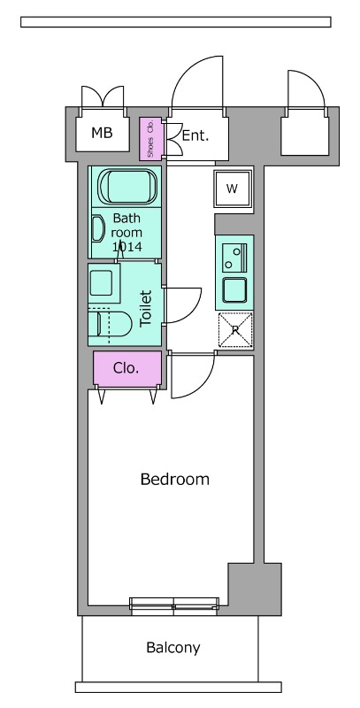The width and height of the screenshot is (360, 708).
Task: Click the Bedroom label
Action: (175, 479)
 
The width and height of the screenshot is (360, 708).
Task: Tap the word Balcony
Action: (173, 648)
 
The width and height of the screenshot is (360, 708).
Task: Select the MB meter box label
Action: (102, 133)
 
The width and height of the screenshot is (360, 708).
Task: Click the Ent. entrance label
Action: (195, 135)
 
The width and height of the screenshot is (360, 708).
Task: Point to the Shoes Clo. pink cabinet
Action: (148, 138)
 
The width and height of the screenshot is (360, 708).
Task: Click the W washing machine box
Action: (233, 189)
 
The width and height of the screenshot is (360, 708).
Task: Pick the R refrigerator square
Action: (235, 330)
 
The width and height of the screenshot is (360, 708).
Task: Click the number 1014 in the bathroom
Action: (126, 247)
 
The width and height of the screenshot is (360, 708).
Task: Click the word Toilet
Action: (146, 309)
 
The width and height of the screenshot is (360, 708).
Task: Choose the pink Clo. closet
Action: (127, 368)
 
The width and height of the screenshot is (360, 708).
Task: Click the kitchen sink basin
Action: (234, 289)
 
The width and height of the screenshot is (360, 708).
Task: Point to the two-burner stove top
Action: (234, 258)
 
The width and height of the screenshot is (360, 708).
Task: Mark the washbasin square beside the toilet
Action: (103, 283)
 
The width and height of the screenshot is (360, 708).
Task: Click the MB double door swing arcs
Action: (103, 96)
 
